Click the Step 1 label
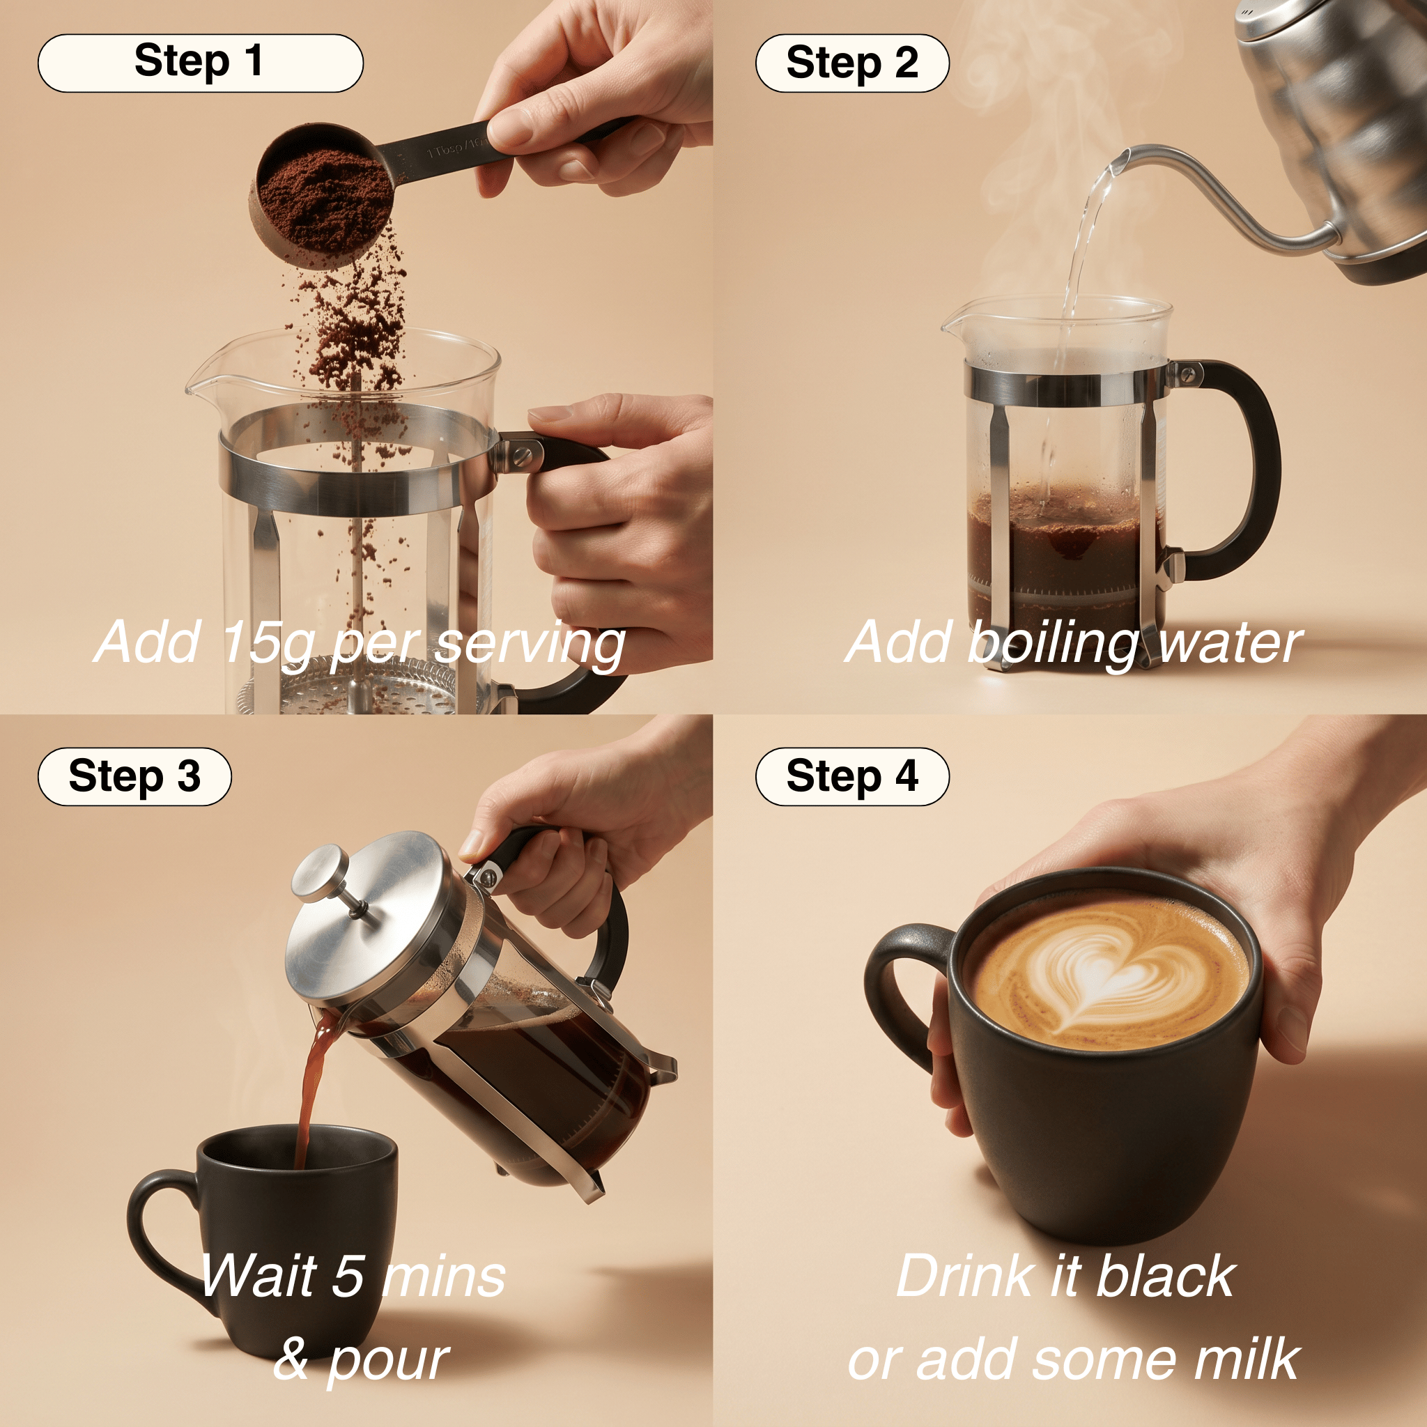click(200, 63)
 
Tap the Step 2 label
click(851, 63)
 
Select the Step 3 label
click(134, 776)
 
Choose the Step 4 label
click(851, 776)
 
